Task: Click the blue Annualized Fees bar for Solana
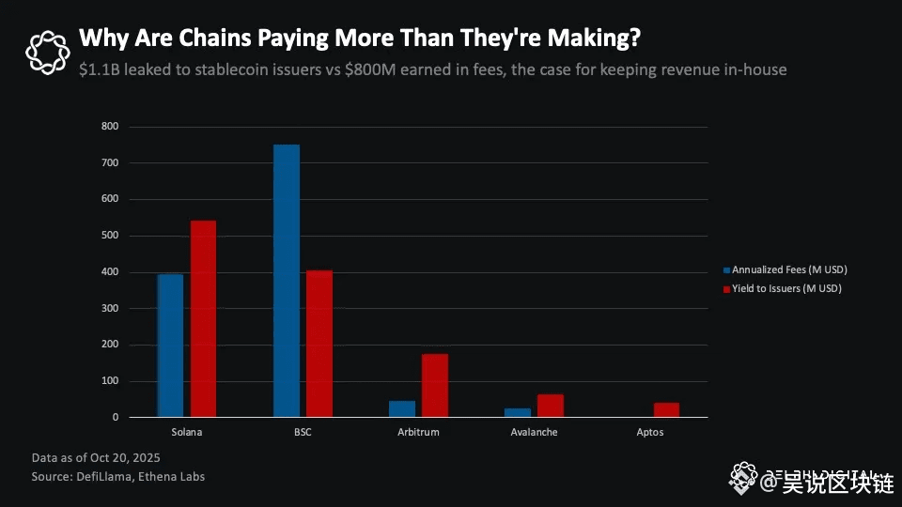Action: pyautogui.click(x=170, y=345)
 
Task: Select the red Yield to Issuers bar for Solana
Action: pyautogui.click(x=203, y=319)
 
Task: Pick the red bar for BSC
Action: pyautogui.click(x=319, y=344)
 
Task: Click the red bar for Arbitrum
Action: pyautogui.click(x=435, y=385)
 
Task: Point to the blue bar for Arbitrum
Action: pyautogui.click(x=402, y=408)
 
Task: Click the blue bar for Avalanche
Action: pyautogui.click(x=518, y=412)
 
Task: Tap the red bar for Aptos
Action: pyautogui.click(x=666, y=409)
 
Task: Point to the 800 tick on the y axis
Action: pyautogui.click(x=110, y=126)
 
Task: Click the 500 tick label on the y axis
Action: pyautogui.click(x=110, y=236)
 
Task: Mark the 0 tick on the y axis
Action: pyautogui.click(x=116, y=417)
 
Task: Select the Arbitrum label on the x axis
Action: pyautogui.click(x=418, y=433)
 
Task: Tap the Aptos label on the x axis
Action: pyautogui.click(x=649, y=433)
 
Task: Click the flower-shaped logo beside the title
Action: pyautogui.click(x=47, y=53)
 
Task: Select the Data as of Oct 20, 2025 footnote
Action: pyautogui.click(x=95, y=457)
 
